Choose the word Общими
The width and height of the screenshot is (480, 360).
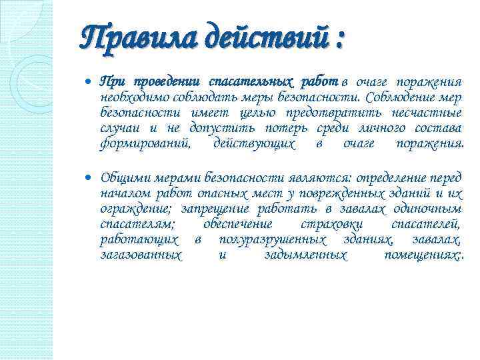(x=126, y=179)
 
